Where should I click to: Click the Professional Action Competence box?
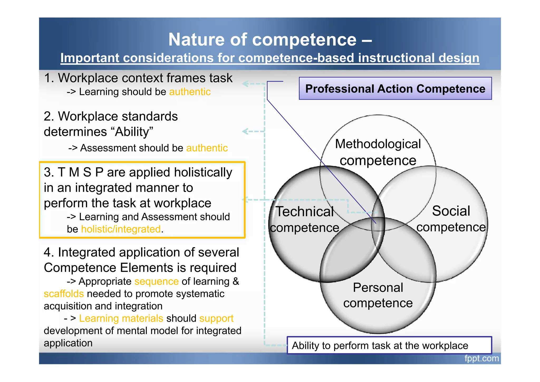pyautogui.click(x=395, y=89)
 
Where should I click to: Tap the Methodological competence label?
pyautogui.click(x=378, y=152)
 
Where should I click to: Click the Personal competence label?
pyautogui.click(x=378, y=295)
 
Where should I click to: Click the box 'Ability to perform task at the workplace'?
pyautogui.click(x=389, y=345)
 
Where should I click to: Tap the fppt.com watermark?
pyautogui.click(x=481, y=359)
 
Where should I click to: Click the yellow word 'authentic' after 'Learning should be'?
pyautogui.click(x=190, y=92)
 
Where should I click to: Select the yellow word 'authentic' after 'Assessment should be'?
pyautogui.click(x=207, y=148)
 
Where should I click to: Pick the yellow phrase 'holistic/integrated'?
pyautogui.click(x=121, y=229)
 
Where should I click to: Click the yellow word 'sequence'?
pyautogui.click(x=156, y=281)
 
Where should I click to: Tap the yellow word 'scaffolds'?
pyautogui.click(x=64, y=294)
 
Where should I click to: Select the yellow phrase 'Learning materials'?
pyautogui.click(x=121, y=318)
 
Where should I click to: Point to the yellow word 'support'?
pyautogui.click(x=216, y=318)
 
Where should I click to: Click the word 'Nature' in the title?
pyautogui.click(x=197, y=40)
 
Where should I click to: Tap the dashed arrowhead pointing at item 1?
pyautogui.click(x=245, y=84)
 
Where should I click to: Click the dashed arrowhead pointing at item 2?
pyautogui.click(x=245, y=131)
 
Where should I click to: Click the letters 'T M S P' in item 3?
pyautogui.click(x=80, y=172)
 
